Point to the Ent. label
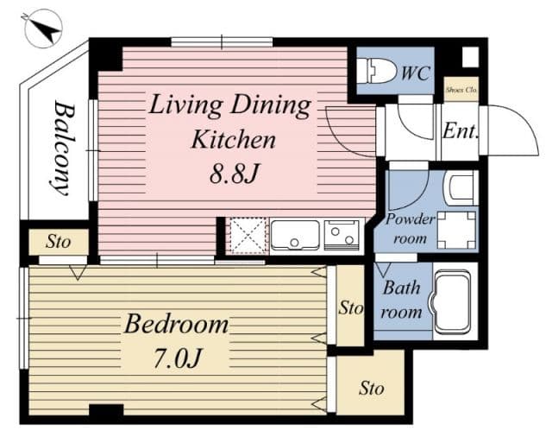(461, 132)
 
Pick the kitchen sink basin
(295, 234)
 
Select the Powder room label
(410, 228)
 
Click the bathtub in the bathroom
(454, 302)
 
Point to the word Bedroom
(176, 325)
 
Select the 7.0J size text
(176, 356)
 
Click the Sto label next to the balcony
(58, 242)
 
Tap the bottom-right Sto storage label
(371, 388)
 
